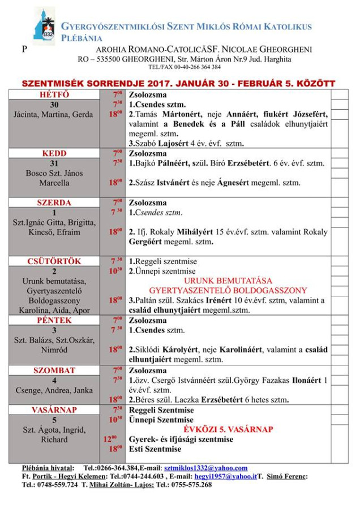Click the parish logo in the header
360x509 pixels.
pyautogui.click(x=44, y=27)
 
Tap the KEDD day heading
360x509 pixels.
pyautogui.click(x=54, y=153)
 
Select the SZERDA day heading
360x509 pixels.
pyautogui.click(x=54, y=202)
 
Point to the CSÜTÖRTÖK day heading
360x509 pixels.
pyautogui.click(x=54, y=261)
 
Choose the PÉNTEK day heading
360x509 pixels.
pyautogui.click(x=54, y=320)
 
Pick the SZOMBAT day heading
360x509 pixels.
pyautogui.click(x=54, y=370)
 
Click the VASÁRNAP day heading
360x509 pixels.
pyautogui.click(x=54, y=409)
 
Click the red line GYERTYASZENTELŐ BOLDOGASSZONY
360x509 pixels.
pyautogui.click(x=229, y=290)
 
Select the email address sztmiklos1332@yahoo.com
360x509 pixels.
pyautogui.click(x=205, y=468)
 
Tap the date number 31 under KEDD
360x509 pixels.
pyautogui.click(x=54, y=163)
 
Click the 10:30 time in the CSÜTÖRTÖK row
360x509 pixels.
pyautogui.click(x=117, y=271)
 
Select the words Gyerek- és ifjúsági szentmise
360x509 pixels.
pyautogui.click(x=181, y=439)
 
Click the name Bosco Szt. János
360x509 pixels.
pyautogui.click(x=54, y=173)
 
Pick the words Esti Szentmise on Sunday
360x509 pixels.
pyautogui.click(x=155, y=449)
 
